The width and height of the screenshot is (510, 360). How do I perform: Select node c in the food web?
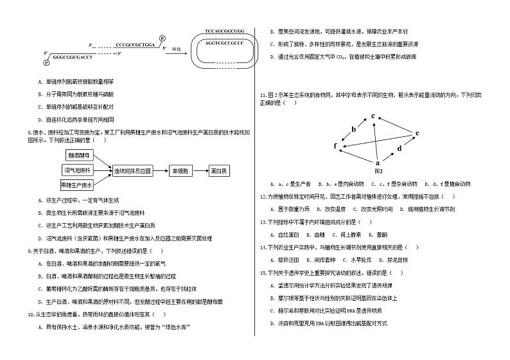373,116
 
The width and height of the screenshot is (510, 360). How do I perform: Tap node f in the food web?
335,147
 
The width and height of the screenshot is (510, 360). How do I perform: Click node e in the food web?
417,134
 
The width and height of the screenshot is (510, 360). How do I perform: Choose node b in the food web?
353,130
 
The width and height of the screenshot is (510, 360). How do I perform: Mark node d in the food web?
400,148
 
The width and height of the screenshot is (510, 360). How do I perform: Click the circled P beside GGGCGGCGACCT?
46,62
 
